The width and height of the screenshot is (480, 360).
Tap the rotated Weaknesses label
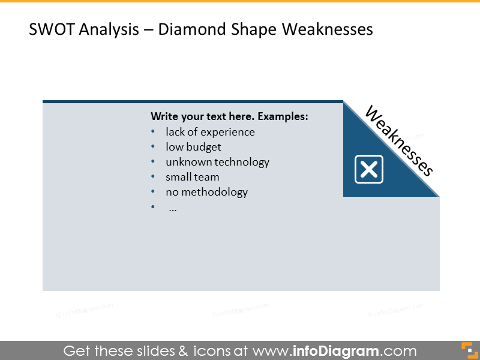[x=398, y=141]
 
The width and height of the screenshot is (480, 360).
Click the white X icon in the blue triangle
[x=369, y=169]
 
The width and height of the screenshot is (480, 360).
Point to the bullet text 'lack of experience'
[x=210, y=132]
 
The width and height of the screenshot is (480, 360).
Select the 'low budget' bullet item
[x=193, y=147]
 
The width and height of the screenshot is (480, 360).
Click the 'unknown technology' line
[x=217, y=162]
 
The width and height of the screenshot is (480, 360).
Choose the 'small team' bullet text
[x=193, y=177]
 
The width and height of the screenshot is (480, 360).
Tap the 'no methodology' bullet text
[x=206, y=192]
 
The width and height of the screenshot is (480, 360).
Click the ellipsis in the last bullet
[x=173, y=208]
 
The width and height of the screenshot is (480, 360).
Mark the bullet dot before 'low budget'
[x=153, y=147]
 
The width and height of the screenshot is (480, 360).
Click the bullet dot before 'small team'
[x=153, y=177]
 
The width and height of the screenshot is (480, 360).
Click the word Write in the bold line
[x=164, y=116]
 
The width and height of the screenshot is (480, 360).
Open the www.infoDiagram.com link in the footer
[x=334, y=351]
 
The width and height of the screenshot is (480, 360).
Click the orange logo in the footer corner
[x=467, y=350]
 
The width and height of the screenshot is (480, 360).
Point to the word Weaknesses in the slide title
[x=327, y=29]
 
